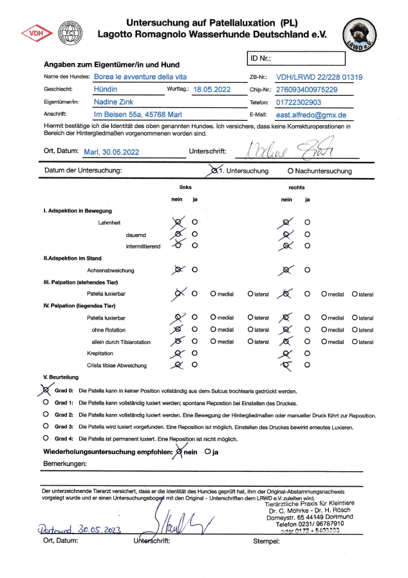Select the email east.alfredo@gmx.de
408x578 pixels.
[x=311, y=115]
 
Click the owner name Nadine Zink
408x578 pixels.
[x=115, y=102]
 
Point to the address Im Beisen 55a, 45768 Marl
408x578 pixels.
[x=136, y=115]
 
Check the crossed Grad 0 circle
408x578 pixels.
[x=46, y=390]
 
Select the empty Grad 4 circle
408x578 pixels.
[x=46, y=438]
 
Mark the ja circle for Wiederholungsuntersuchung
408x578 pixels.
[x=207, y=451]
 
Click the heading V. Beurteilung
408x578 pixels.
[x=60, y=377]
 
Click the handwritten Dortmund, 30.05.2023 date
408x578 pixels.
[x=79, y=528]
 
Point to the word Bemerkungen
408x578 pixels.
[x=65, y=463]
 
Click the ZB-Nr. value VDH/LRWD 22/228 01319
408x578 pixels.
[x=314, y=77]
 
